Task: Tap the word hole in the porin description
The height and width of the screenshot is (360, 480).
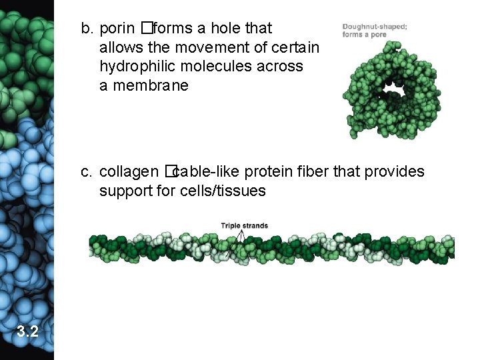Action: click(x=228, y=29)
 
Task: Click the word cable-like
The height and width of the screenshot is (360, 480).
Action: click(x=206, y=172)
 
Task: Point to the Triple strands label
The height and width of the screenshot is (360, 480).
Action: click(x=244, y=226)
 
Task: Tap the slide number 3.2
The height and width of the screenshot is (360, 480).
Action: click(x=27, y=331)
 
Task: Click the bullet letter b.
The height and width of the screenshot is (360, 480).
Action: click(x=87, y=29)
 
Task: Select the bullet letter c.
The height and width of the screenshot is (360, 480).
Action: click(x=87, y=172)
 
